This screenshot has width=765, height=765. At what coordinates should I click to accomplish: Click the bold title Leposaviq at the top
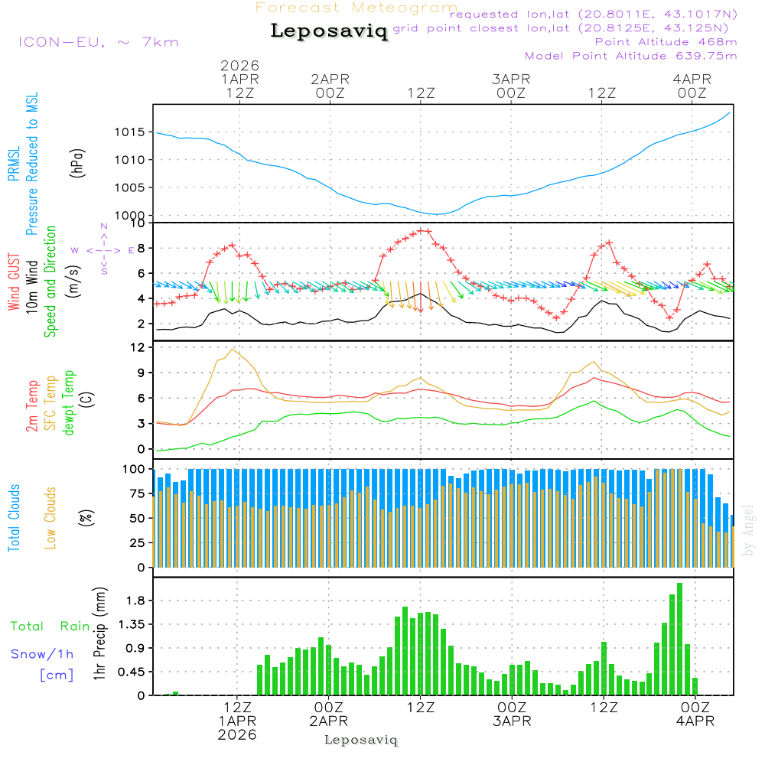(329, 31)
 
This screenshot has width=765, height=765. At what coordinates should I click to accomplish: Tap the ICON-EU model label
(98, 42)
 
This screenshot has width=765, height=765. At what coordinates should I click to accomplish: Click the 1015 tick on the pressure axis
(129, 132)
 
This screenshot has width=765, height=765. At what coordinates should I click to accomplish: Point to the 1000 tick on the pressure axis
(129, 216)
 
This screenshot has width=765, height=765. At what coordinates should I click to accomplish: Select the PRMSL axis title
(14, 164)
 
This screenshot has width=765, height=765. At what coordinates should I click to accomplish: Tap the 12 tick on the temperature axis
(138, 347)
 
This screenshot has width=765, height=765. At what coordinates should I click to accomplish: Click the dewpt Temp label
(69, 403)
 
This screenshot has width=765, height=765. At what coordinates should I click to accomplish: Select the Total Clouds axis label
(14, 519)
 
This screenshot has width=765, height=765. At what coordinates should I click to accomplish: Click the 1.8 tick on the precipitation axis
(135, 601)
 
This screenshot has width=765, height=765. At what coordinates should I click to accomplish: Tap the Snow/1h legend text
(43, 654)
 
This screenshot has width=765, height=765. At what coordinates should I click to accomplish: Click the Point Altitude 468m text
(666, 41)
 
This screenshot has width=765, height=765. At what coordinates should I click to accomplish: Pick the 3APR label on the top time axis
(511, 79)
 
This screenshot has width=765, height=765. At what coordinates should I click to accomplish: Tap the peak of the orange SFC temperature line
(231, 349)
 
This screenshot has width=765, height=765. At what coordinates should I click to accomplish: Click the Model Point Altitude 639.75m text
(631, 55)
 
